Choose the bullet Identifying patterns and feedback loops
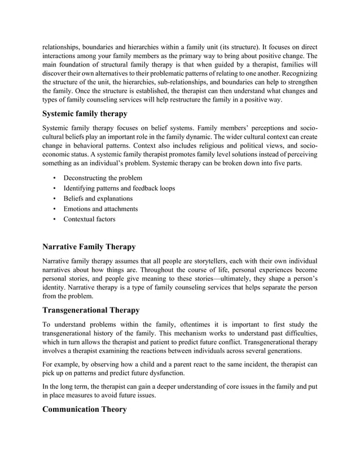[119, 188]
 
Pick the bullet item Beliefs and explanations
[98, 199]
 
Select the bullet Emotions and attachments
[100, 209]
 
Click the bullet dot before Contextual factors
[54, 219]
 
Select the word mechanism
[186, 334]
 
